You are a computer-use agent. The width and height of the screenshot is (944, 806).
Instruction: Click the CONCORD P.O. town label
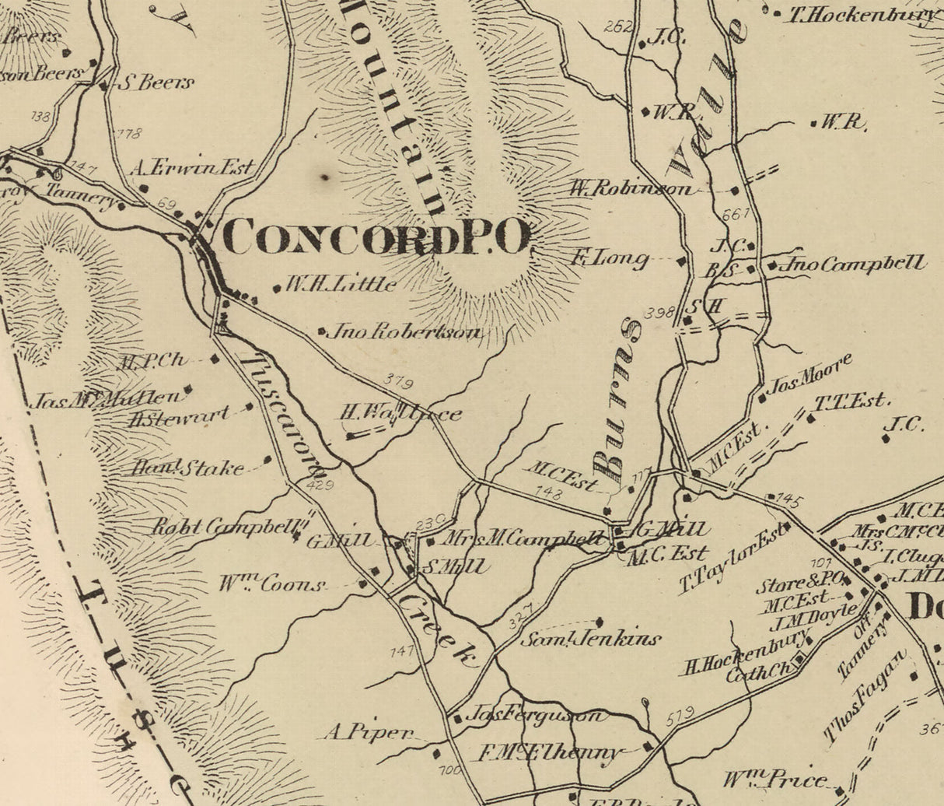click(x=377, y=237)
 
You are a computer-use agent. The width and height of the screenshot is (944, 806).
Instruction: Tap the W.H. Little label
click(x=341, y=284)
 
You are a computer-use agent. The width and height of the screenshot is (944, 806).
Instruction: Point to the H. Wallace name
click(x=401, y=414)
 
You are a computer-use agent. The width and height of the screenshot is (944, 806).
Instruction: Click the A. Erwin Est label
click(x=192, y=167)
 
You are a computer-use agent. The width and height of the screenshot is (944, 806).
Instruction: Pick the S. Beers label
click(x=156, y=82)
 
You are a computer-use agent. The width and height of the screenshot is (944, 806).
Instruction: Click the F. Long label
click(x=610, y=258)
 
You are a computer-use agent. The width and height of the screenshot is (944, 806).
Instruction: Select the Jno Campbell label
click(x=854, y=265)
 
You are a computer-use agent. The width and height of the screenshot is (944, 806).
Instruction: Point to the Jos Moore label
click(x=809, y=375)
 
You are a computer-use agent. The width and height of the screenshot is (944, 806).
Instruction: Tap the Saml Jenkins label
click(x=591, y=639)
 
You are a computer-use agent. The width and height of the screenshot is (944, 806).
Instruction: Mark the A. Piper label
click(x=369, y=732)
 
